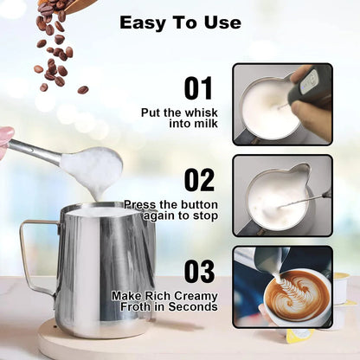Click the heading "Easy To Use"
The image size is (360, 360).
[180, 22]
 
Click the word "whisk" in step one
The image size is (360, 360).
[199, 112]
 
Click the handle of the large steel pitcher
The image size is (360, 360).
[35, 255]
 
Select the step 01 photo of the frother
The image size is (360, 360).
[282, 103]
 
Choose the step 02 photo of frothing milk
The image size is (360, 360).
[282, 195]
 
